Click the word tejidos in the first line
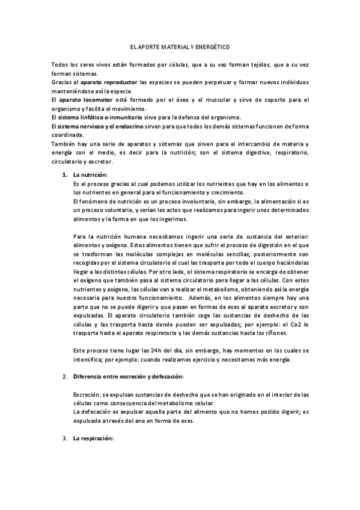coord(258,64)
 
